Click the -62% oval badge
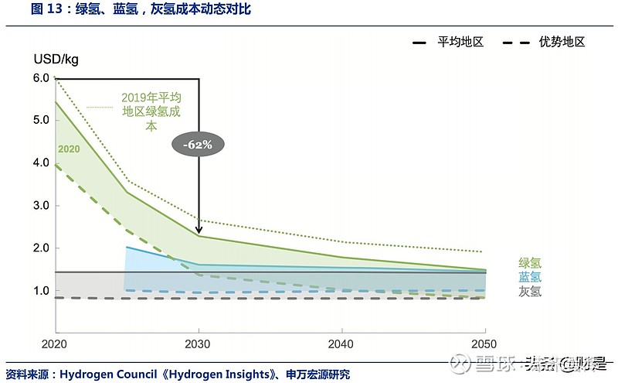(198, 144)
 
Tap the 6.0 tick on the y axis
(42, 78)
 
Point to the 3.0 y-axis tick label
(42, 206)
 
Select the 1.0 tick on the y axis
(42, 291)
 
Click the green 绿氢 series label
(530, 263)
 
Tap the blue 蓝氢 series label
(530, 277)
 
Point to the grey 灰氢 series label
(530, 292)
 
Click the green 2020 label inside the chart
(68, 149)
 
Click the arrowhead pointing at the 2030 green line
(199, 230)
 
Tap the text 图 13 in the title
(21, 9)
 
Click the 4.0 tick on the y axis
(42, 163)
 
